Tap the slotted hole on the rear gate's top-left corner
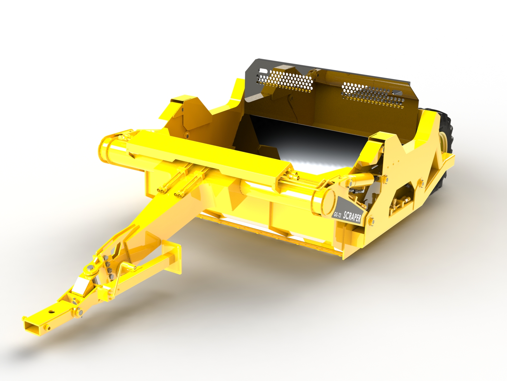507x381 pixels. pyautogui.click(x=263, y=71)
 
